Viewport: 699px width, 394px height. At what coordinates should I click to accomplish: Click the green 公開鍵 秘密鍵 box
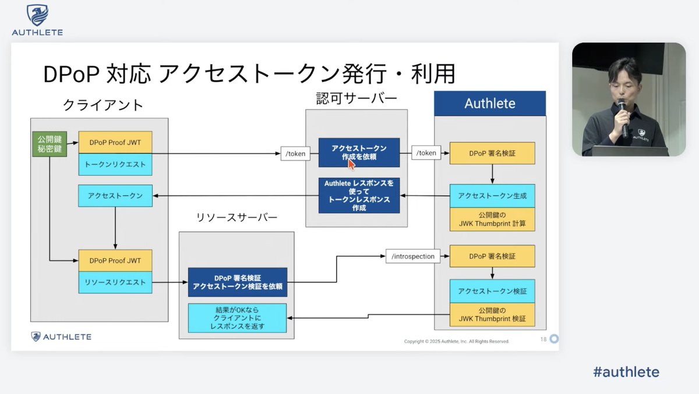tap(49, 144)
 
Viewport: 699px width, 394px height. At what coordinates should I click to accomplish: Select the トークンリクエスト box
tap(115, 165)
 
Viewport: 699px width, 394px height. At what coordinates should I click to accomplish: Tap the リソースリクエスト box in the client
tap(115, 283)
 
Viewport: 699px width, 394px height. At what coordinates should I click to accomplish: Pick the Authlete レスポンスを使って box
tap(359, 195)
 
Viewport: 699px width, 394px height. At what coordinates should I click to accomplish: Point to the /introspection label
tap(413, 256)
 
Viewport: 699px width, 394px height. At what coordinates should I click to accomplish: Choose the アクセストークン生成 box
tap(492, 196)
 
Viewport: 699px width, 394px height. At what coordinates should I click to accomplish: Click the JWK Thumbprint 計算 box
tap(492, 219)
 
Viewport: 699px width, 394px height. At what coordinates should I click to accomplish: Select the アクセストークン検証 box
tap(492, 291)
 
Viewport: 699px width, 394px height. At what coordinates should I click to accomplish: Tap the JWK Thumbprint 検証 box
tap(492, 315)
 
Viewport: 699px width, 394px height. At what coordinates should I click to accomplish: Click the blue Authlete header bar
tap(490, 104)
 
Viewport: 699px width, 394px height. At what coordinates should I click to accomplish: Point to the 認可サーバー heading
tap(356, 98)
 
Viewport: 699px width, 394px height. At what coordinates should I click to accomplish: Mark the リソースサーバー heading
tap(236, 218)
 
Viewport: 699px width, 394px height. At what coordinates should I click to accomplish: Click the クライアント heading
tap(103, 105)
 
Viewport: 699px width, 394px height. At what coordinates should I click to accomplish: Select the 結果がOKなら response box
tap(237, 318)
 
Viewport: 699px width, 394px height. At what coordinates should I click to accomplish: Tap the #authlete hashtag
tap(626, 372)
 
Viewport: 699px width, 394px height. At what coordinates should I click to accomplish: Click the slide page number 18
tap(543, 339)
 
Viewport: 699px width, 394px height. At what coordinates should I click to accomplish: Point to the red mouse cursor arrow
tap(351, 164)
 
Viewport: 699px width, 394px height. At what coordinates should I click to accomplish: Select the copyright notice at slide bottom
tap(457, 342)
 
